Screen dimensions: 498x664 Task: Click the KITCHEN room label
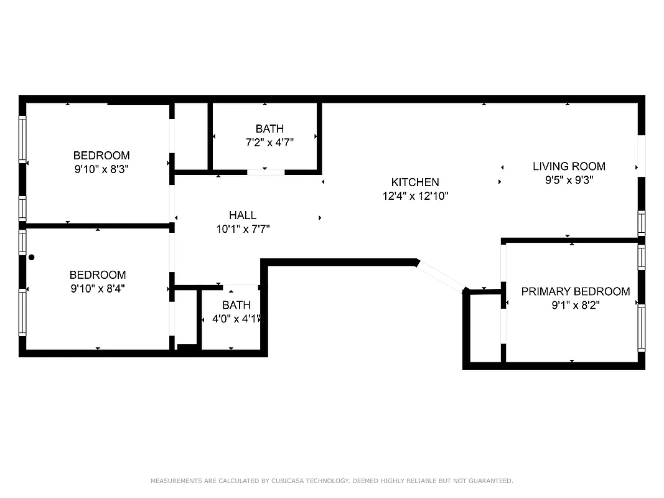click(414, 182)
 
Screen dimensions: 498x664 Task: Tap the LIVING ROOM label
click(569, 166)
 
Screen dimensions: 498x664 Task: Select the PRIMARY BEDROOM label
click(575, 291)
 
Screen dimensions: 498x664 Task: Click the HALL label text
click(242, 215)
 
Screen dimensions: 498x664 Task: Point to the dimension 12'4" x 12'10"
click(415, 196)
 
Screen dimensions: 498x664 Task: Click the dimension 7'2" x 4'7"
click(269, 143)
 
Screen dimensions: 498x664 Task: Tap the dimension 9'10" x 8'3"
click(101, 169)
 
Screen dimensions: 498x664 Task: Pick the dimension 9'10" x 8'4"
click(98, 288)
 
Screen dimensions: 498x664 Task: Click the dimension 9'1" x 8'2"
click(575, 305)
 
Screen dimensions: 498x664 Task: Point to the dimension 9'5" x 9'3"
click(569, 180)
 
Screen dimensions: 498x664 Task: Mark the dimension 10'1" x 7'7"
click(242, 229)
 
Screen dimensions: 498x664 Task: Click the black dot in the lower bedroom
click(31, 257)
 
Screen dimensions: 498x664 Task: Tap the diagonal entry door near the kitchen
click(441, 277)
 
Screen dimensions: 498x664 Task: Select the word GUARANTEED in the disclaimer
click(490, 481)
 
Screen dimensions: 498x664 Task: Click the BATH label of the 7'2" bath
click(269, 129)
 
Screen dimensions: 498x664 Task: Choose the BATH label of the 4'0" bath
click(236, 305)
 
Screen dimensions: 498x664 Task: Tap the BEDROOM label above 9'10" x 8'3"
click(101, 155)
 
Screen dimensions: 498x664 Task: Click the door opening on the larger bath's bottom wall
click(266, 172)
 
